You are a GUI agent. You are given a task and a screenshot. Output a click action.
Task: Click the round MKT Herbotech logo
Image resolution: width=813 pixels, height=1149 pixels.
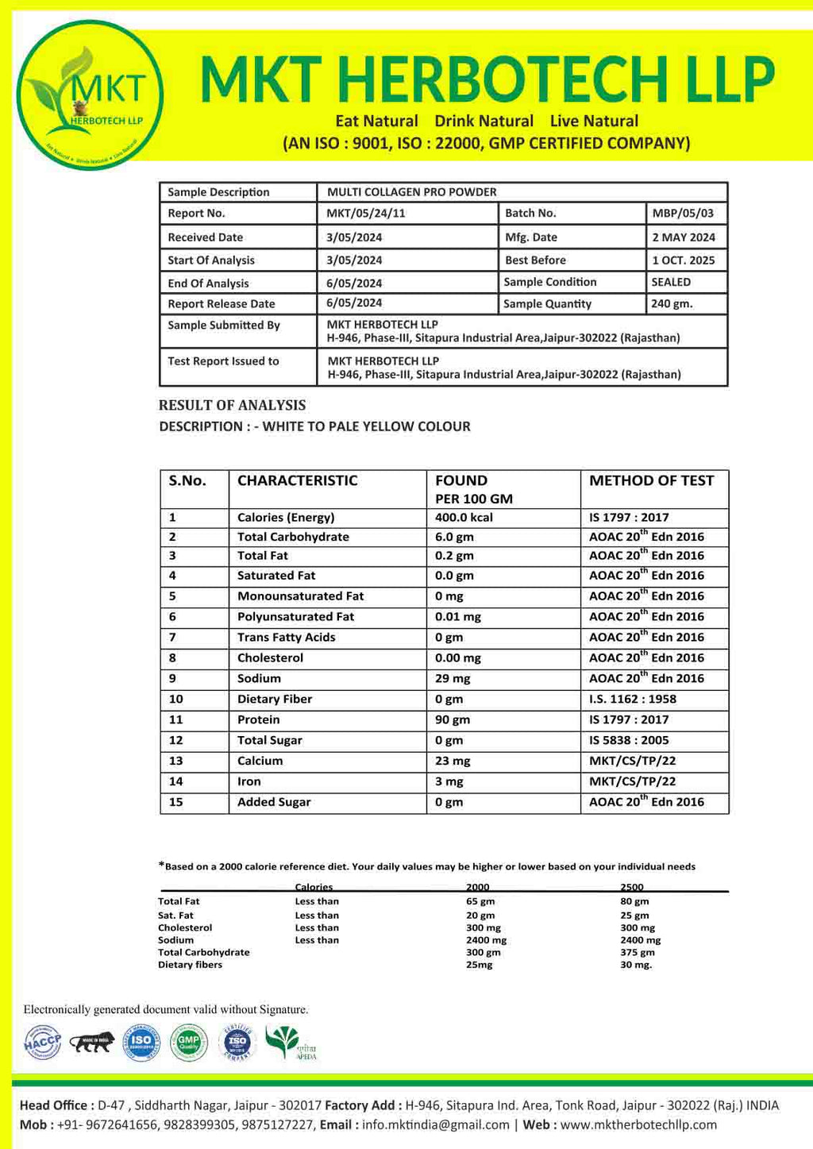[x=90, y=95]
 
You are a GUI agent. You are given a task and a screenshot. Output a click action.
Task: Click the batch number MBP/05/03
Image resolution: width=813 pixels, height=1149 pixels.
[x=683, y=213]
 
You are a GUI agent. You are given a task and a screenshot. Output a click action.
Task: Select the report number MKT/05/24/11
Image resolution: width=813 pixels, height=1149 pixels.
[x=366, y=213]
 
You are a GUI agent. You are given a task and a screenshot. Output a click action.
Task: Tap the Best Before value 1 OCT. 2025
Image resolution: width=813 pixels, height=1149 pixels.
[x=683, y=260]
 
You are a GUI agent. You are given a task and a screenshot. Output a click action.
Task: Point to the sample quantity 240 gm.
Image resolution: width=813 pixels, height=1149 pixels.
[x=672, y=303]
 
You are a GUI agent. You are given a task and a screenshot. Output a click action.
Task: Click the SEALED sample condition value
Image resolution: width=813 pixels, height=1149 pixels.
[x=671, y=282]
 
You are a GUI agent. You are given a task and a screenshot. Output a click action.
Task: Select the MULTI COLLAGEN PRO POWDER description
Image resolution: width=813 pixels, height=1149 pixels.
[x=412, y=192]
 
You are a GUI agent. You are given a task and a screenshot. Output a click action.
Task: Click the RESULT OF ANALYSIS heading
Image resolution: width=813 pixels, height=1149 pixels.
[x=232, y=405]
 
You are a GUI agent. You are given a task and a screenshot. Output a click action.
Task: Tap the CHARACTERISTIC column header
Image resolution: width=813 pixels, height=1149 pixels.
[x=297, y=480]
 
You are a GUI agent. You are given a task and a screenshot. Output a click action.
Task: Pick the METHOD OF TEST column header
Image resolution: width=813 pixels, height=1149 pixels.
[x=651, y=480]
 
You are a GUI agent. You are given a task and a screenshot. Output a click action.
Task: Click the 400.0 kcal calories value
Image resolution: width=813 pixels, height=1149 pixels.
[x=464, y=517]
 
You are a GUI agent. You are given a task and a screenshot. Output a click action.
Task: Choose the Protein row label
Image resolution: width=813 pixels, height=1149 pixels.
[x=258, y=719]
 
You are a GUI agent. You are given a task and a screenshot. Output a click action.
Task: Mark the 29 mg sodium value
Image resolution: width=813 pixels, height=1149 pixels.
[x=453, y=678]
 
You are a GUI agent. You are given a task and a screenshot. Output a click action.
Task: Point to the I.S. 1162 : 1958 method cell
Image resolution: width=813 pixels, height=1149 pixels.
[x=633, y=699]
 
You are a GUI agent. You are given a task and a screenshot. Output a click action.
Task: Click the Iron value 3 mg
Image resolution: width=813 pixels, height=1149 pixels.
[x=449, y=781]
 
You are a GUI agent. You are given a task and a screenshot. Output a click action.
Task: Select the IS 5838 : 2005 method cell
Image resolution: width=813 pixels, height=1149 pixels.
[x=629, y=740]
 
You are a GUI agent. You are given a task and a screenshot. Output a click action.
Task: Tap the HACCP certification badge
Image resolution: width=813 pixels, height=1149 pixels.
[x=43, y=1042]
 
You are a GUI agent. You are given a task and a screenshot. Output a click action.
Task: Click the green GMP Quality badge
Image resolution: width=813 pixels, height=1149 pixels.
[x=188, y=1042]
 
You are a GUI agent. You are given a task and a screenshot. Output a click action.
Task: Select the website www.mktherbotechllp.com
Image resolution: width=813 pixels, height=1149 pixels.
[x=638, y=1124]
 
